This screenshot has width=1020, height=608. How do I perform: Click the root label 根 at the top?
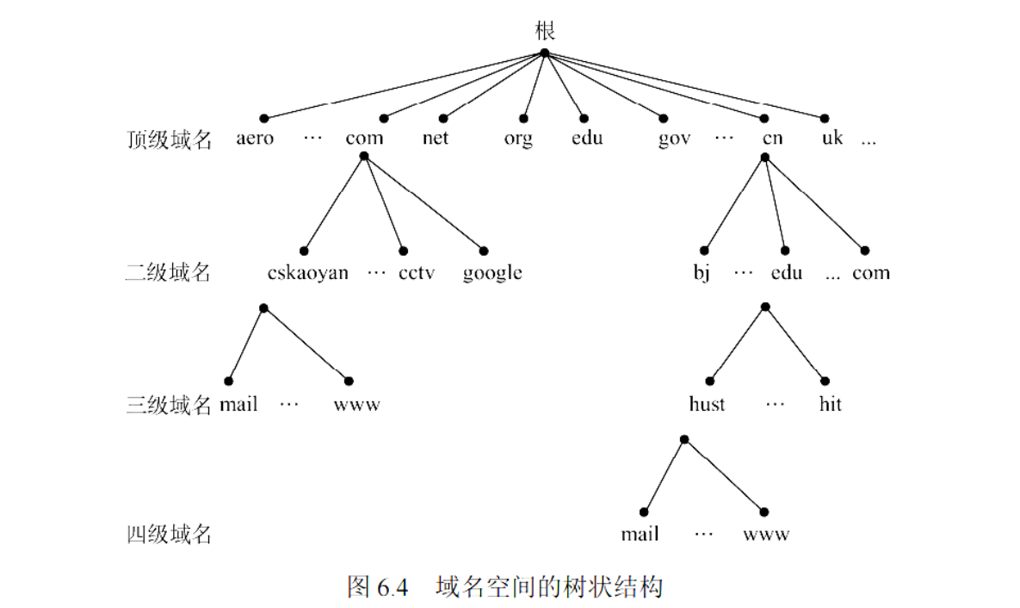tap(544, 31)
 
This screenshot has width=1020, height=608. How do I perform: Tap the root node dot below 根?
tap(544, 53)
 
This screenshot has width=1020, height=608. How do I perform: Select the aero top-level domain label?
tap(255, 138)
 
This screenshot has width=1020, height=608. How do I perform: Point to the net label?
tap(436, 138)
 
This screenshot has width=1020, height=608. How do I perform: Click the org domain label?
tap(518, 139)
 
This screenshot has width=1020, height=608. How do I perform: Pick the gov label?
tap(674, 139)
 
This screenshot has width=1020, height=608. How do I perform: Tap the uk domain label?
tap(831, 138)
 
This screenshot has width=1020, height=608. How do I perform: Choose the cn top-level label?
tap(772, 138)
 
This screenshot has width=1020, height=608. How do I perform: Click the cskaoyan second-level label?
tap(308, 273)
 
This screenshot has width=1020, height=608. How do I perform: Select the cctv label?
tap(417, 273)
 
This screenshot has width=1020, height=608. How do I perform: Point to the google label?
tap(492, 274)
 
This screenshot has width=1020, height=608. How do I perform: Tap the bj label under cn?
tap(702, 274)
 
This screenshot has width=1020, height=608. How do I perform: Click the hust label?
tap(707, 404)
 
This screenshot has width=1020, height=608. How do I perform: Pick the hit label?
tap(830, 404)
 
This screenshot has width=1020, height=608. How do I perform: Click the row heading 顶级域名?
tap(169, 140)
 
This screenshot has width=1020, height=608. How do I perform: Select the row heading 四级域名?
tap(169, 535)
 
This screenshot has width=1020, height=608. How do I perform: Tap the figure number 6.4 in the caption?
tap(391, 587)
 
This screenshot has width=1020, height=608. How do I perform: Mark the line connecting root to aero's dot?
tap(405, 85)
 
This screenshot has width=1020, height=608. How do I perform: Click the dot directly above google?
tap(484, 251)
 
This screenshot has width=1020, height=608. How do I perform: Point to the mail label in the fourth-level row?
tap(640, 535)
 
